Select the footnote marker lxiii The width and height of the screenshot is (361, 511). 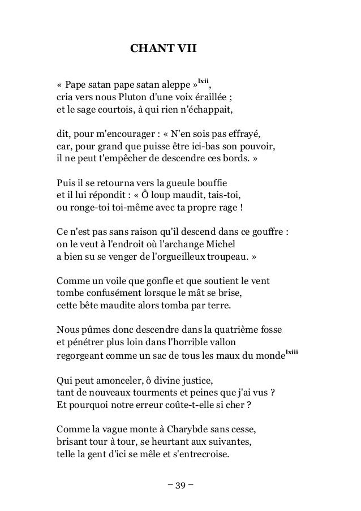292,353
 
